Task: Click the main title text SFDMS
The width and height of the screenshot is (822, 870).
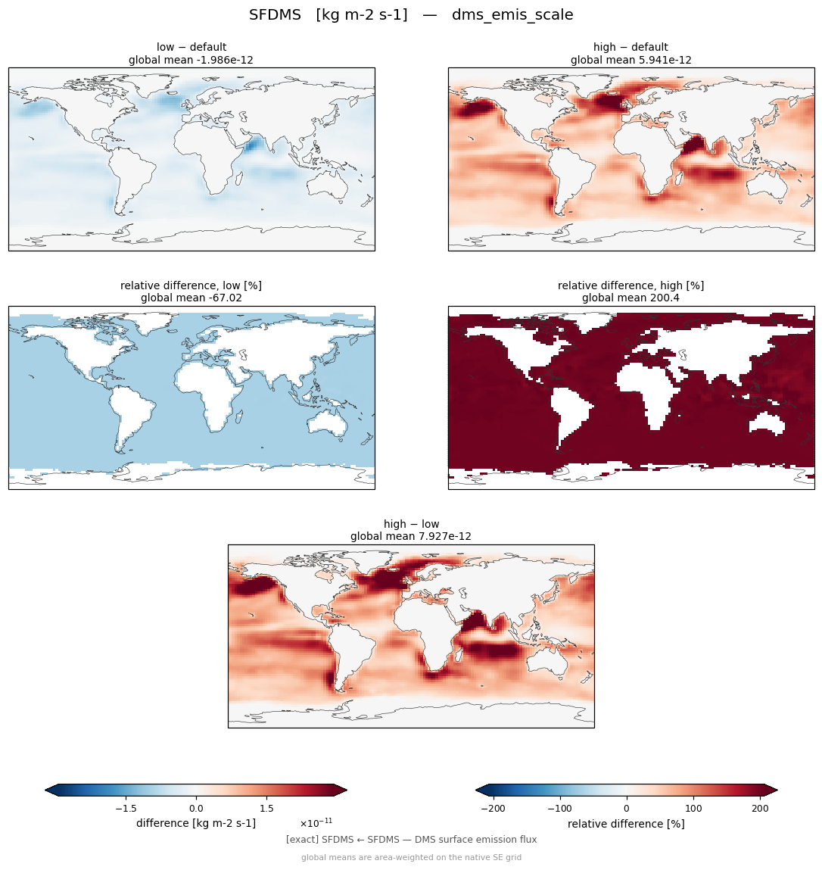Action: [275, 15]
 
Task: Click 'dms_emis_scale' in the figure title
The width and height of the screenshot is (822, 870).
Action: [512, 15]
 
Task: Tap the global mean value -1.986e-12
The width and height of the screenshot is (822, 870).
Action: [223, 60]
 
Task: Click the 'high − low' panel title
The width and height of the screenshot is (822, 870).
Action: [411, 524]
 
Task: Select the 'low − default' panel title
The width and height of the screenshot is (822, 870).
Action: [191, 47]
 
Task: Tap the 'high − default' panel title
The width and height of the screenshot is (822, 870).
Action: [631, 47]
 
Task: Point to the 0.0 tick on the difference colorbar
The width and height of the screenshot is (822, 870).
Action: [196, 809]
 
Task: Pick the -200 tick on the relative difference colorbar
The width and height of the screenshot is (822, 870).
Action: [493, 809]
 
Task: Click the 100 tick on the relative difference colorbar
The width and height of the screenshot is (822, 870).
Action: [693, 809]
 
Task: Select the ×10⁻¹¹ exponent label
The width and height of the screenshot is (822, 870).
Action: [316, 822]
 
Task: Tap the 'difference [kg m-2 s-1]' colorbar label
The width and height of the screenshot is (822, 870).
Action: [196, 823]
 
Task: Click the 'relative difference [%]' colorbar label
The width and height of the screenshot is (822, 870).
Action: [626, 824]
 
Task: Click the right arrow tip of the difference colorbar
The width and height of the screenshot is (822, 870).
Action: [347, 790]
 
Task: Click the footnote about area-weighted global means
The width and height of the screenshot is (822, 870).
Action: [411, 857]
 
